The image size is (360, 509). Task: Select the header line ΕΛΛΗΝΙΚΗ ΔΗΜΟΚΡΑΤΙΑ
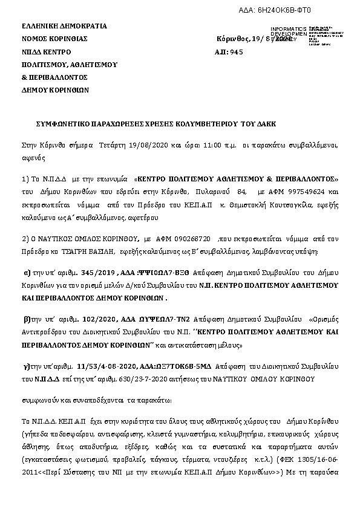pos(64,26)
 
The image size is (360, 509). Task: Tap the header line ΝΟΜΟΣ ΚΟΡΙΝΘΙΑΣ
pos(54,39)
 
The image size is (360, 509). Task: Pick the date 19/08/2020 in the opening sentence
pos(154,146)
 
